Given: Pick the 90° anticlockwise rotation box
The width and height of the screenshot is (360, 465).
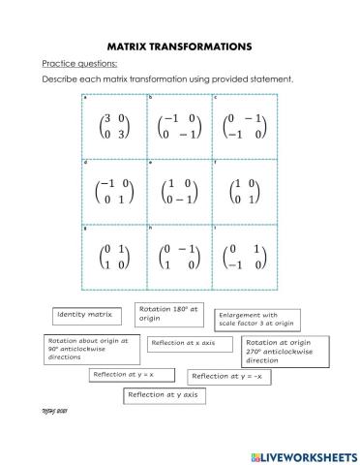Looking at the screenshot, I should tap(90, 349).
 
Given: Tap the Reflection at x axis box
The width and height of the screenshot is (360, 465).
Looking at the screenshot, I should tap(191, 343).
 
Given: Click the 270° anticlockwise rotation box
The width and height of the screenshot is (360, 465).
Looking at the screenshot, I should tap(285, 349).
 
